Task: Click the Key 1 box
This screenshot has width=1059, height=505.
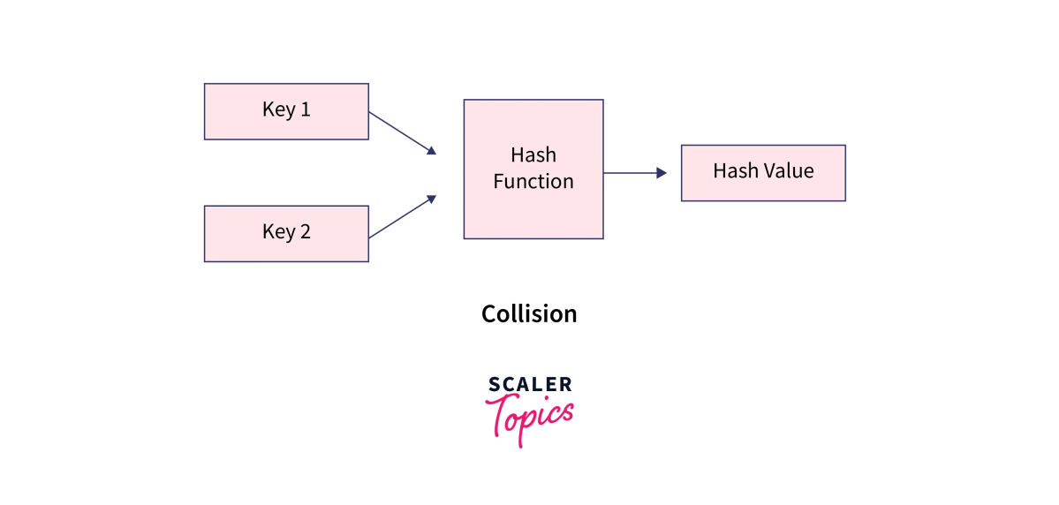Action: pos(286,111)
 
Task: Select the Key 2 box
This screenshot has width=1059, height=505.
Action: pos(286,233)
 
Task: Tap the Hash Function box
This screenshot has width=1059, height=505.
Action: pos(533,169)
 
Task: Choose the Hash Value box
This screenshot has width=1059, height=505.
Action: pos(763,173)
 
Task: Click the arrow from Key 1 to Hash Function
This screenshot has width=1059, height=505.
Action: pos(402,132)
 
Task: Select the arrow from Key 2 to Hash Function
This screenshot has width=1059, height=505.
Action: pos(402,217)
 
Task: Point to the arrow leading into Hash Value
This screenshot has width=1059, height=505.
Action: pos(634,173)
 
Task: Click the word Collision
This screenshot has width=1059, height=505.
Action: pos(529,313)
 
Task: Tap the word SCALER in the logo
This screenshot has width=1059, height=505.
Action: pos(530,384)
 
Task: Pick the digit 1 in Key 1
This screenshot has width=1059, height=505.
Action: pos(305,110)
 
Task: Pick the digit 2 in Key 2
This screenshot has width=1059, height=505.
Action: pos(305,232)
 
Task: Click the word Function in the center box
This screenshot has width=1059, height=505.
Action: pos(533,182)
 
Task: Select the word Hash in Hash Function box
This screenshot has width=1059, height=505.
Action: pos(533,155)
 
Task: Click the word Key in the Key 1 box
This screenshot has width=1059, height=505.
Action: pos(278,111)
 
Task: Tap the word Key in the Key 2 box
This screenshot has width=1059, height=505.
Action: pos(278,233)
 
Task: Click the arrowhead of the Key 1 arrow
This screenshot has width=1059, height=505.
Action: pos(432,151)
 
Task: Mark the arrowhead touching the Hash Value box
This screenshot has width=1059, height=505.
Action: pos(662,173)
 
